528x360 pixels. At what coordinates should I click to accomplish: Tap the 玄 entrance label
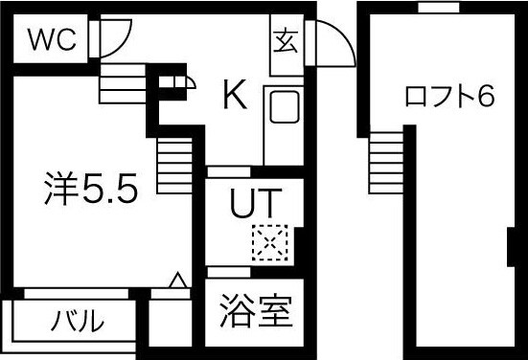(284, 41)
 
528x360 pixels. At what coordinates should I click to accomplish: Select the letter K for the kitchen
(235, 94)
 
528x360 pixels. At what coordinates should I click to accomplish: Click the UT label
(255, 204)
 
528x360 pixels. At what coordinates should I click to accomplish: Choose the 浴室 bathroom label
(255, 312)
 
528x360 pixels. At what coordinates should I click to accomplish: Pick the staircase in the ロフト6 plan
(386, 160)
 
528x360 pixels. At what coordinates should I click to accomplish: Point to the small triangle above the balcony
(176, 281)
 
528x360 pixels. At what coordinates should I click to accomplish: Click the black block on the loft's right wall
(510, 246)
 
